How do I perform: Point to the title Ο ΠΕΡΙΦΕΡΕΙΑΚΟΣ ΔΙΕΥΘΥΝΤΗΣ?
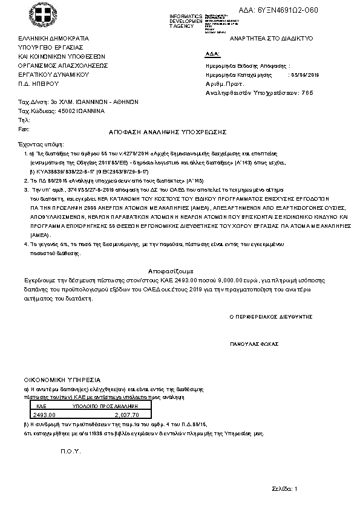(270, 316)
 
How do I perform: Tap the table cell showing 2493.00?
(45, 415)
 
